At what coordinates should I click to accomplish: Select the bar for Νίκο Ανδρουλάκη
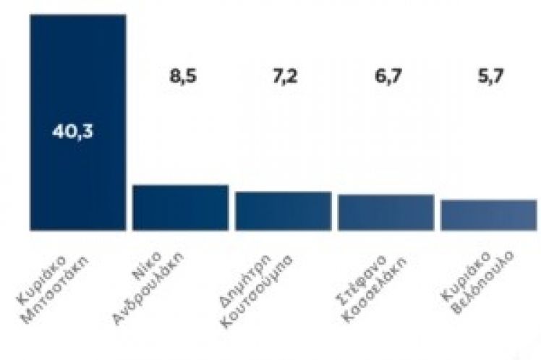(x=181, y=207)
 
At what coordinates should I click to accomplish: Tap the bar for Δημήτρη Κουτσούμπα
(x=284, y=211)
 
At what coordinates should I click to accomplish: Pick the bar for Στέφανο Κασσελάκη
(x=385, y=213)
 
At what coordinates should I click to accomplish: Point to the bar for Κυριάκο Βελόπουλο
(x=489, y=215)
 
